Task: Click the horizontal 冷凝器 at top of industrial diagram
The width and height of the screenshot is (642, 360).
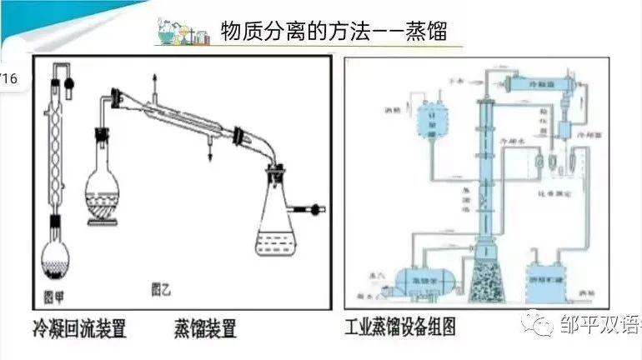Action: (x=539, y=84)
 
